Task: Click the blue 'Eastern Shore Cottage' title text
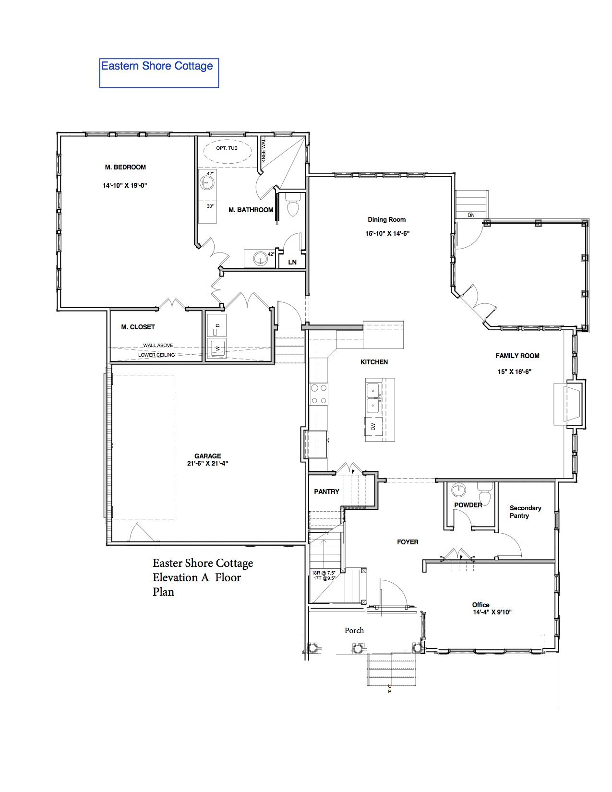click(x=157, y=66)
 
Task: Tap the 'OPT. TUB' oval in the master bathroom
click(x=227, y=150)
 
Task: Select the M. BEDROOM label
click(x=125, y=168)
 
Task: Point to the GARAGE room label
click(x=207, y=456)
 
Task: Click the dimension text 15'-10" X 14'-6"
click(x=387, y=233)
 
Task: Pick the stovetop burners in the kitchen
click(x=319, y=394)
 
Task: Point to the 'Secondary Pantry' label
click(x=525, y=512)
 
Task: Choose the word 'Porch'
click(x=354, y=630)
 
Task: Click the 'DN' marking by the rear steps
click(x=471, y=215)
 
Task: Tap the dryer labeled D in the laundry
click(x=216, y=325)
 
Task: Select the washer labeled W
click(x=216, y=348)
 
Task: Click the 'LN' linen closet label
click(x=292, y=262)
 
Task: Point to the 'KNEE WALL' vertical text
click(x=264, y=150)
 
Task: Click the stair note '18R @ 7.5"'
click(x=324, y=573)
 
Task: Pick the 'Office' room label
click(x=481, y=605)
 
